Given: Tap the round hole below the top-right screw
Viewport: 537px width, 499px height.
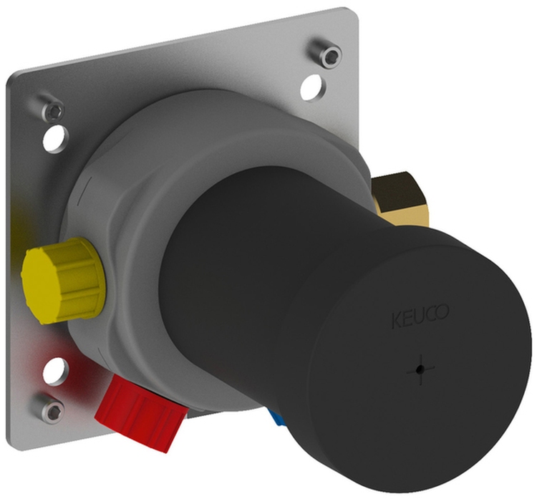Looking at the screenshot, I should pos(312,87).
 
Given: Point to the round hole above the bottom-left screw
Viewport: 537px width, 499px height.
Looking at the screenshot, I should pos(54,372).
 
